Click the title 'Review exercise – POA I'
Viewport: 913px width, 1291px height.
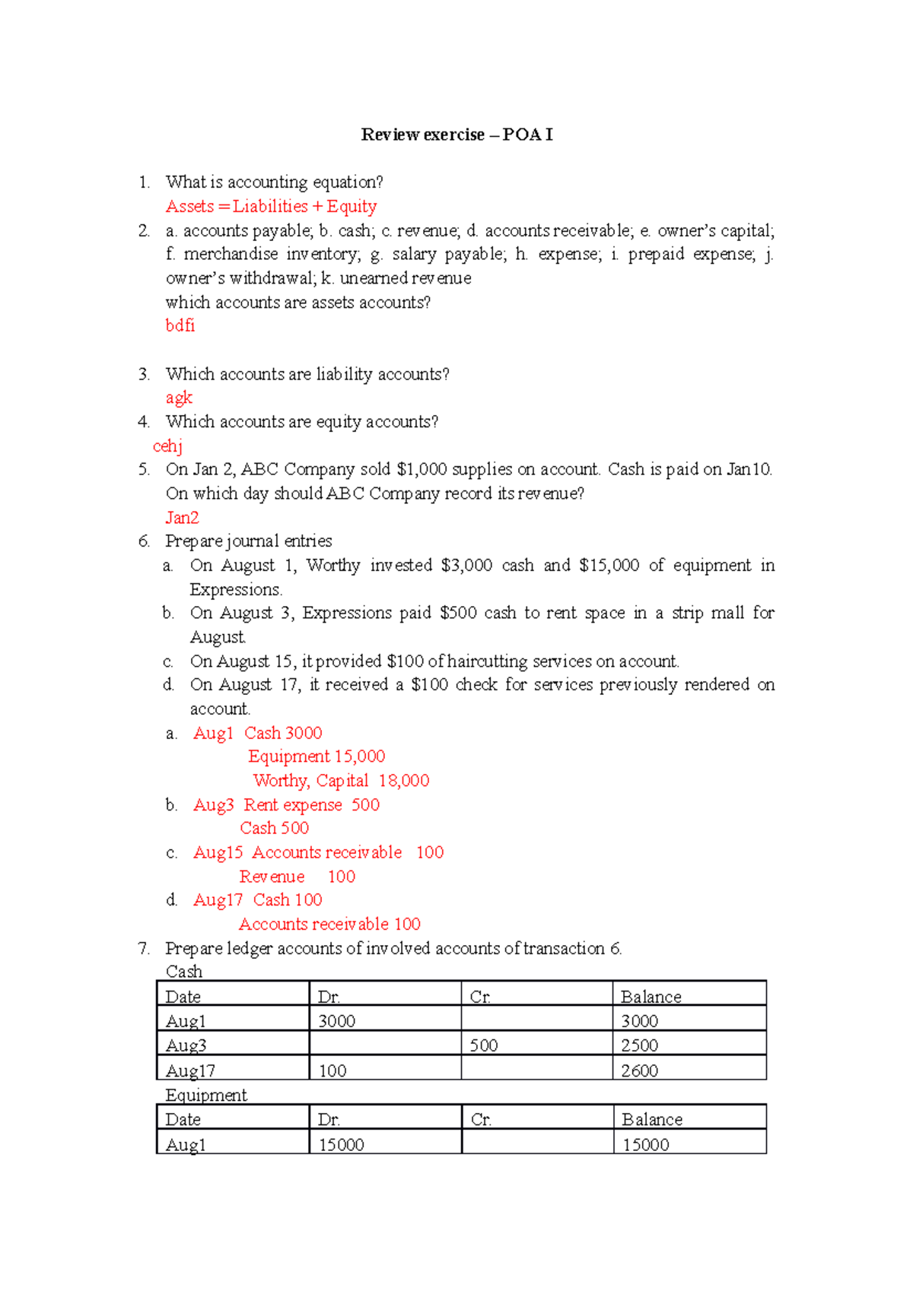pyautogui.click(x=456, y=135)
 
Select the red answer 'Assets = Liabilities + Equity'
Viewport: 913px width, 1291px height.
pyautogui.click(x=271, y=206)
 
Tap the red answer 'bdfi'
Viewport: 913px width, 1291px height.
pyautogui.click(x=180, y=325)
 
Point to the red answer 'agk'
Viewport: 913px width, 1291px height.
pyautogui.click(x=179, y=398)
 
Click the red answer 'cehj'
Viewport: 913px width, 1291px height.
pyautogui.click(x=167, y=446)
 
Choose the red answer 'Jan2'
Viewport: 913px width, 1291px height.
pyautogui.click(x=182, y=518)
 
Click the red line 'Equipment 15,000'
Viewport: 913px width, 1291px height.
pyautogui.click(x=317, y=757)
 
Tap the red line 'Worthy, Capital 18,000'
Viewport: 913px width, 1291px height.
pyautogui.click(x=341, y=781)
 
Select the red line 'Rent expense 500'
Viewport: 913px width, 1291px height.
pyautogui.click(x=311, y=804)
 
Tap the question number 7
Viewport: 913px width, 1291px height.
pyautogui.click(x=144, y=948)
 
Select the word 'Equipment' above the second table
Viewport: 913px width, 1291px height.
pyautogui.click(x=206, y=1095)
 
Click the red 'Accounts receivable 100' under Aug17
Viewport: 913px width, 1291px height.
pyautogui.click(x=329, y=924)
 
